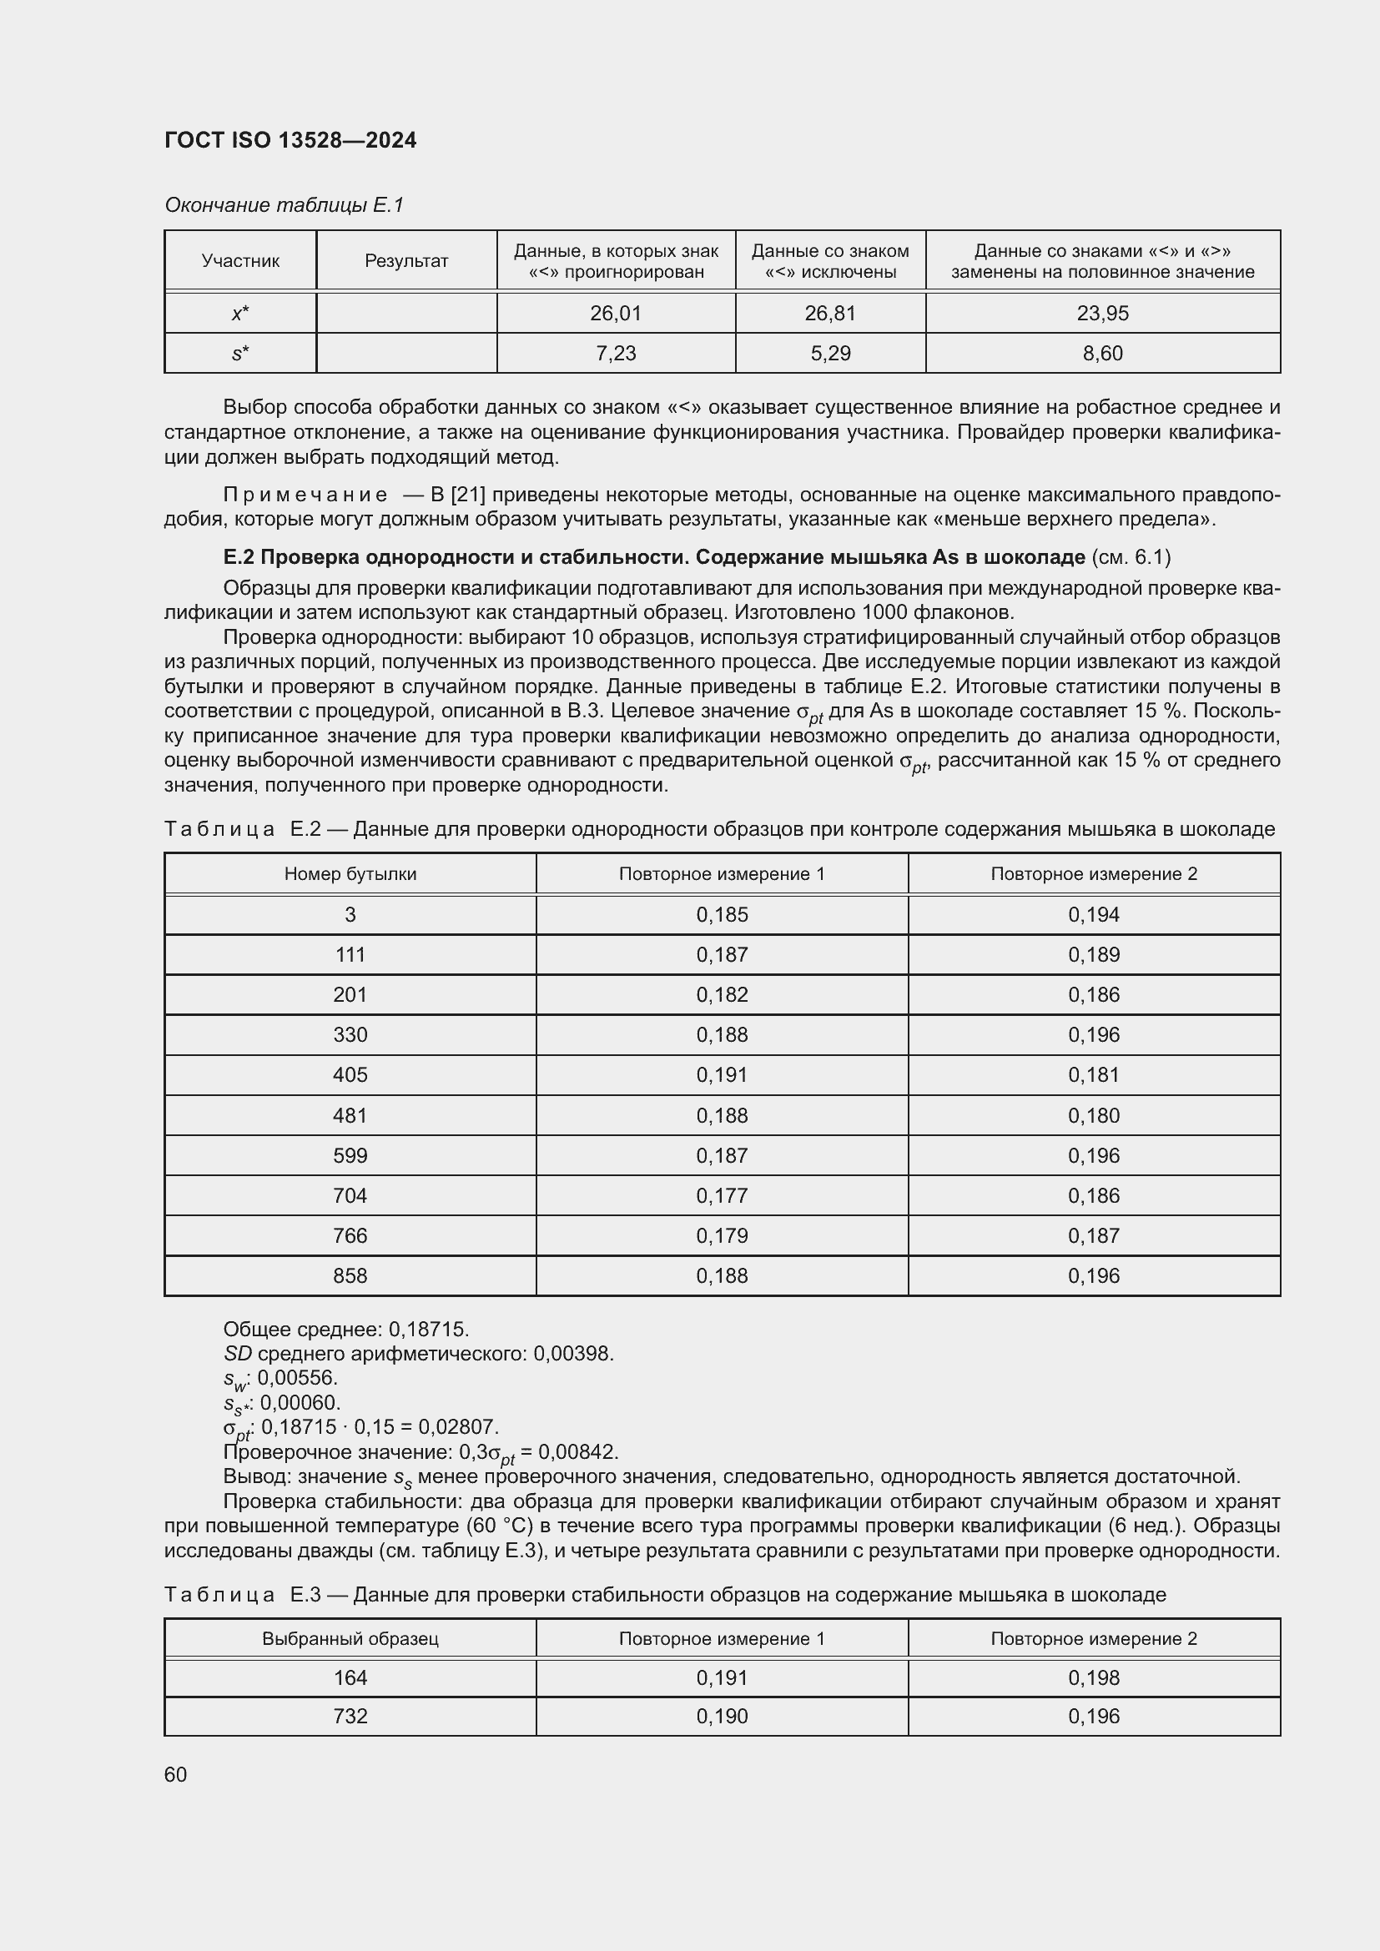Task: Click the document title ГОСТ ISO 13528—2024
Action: (x=290, y=140)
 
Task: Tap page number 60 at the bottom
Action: (x=176, y=1774)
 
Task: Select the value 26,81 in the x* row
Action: (x=829, y=314)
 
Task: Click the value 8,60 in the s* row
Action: (x=1102, y=354)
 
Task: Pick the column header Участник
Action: (x=240, y=261)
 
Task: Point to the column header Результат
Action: (x=406, y=261)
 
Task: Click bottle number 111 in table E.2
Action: (x=350, y=955)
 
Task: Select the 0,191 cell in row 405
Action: (x=722, y=1075)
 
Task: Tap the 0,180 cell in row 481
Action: (x=1094, y=1116)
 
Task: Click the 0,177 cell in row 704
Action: (x=722, y=1195)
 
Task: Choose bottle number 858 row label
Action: (x=350, y=1275)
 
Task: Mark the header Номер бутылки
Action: (x=350, y=874)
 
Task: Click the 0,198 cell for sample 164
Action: (x=1094, y=1677)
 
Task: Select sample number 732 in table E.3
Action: (x=350, y=1716)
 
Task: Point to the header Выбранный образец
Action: (x=350, y=1638)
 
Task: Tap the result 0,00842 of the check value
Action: (x=578, y=1451)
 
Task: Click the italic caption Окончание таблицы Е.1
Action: (x=284, y=205)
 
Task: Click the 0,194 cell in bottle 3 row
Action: (x=1094, y=915)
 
